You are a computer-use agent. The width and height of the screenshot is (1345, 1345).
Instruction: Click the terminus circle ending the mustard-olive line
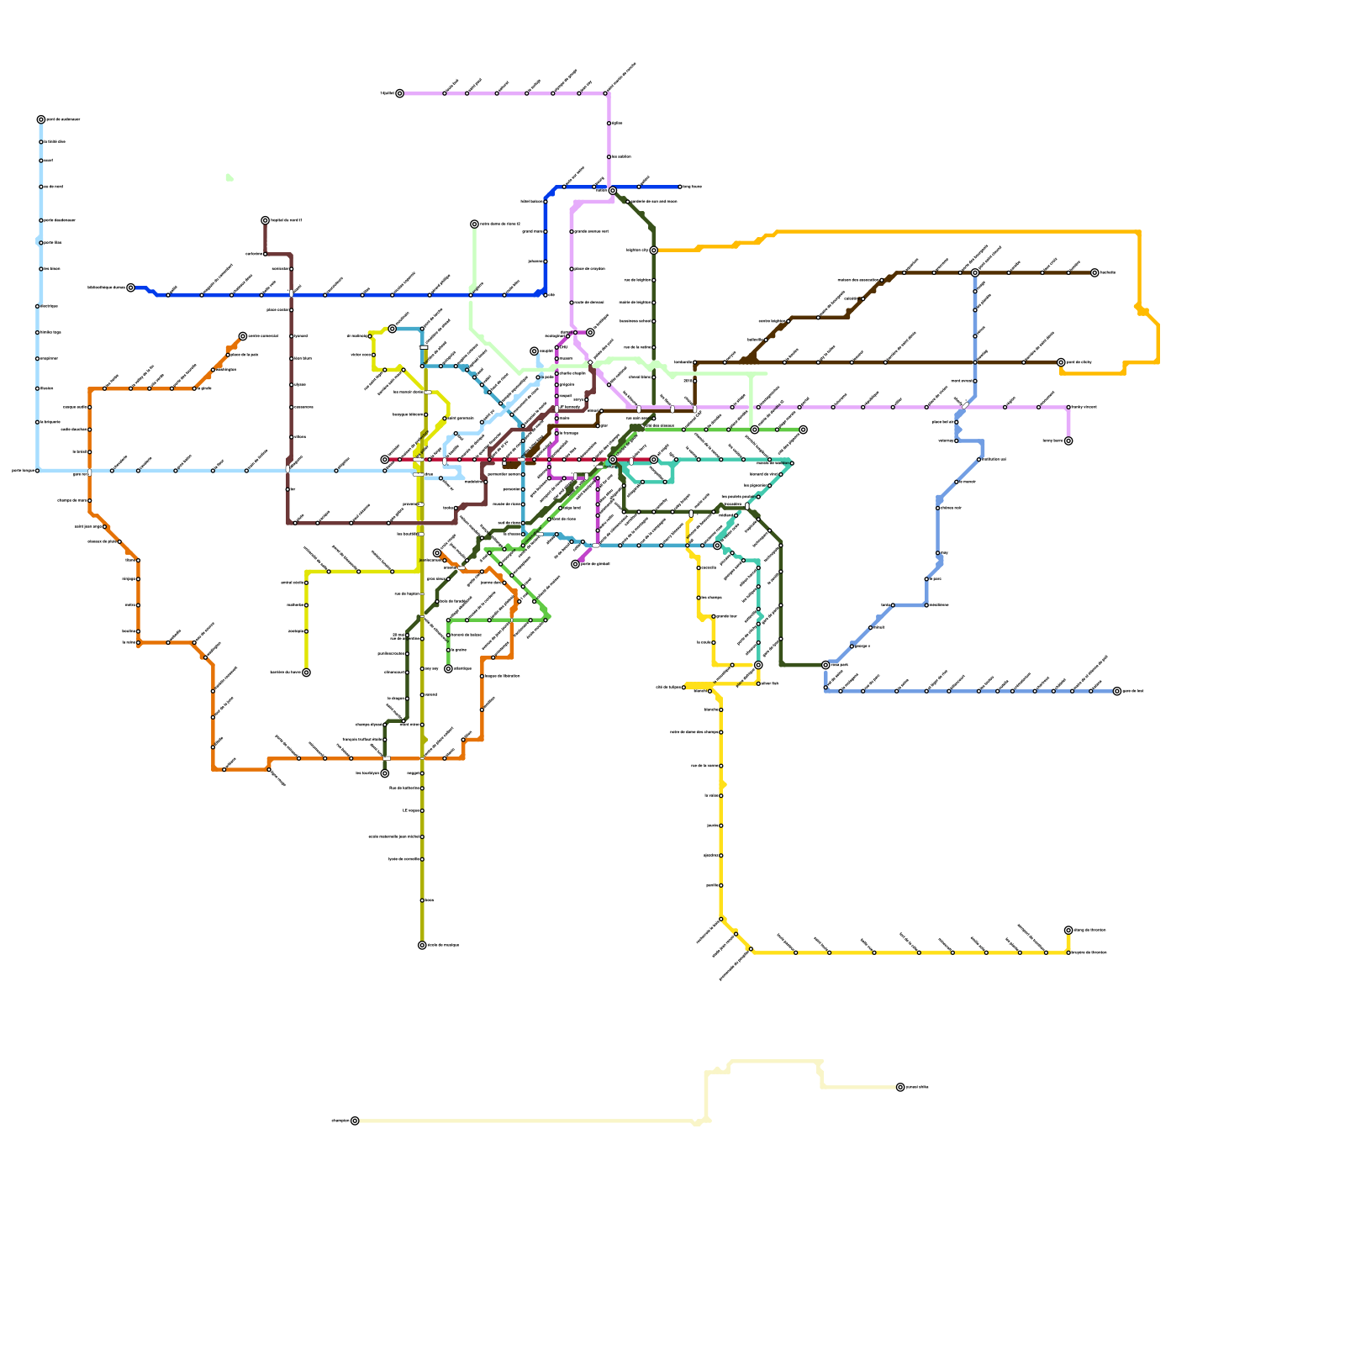coord(422,945)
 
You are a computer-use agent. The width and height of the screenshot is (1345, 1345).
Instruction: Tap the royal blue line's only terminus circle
coord(130,287)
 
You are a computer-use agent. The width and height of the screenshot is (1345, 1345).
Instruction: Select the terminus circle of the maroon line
coord(265,220)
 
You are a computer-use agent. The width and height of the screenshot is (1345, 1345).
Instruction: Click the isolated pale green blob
coord(229,177)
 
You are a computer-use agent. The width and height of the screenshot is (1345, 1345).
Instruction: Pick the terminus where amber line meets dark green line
coord(653,251)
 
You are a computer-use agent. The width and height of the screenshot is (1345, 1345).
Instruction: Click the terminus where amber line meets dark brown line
coord(1061,362)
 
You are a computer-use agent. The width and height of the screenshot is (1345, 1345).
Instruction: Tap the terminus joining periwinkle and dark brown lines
coord(975,273)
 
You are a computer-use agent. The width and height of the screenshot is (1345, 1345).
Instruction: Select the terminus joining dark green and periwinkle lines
coord(825,665)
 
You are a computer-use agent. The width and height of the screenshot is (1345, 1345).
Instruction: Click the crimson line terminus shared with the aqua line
coord(653,460)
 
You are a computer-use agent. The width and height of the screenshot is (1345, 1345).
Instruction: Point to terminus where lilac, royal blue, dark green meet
coord(613,191)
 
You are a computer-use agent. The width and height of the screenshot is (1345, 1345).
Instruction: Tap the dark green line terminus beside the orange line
coord(385,773)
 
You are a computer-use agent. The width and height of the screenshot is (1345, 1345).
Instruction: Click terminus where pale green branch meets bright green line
coord(754,430)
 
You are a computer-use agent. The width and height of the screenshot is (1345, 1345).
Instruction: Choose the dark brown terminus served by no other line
coord(1094,273)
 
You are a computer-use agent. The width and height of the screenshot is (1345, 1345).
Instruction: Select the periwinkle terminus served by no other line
coord(1117,691)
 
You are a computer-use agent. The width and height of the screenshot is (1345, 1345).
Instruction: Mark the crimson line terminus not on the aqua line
coord(385,460)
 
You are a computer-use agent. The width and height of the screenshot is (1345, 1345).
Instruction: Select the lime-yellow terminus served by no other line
coord(306,672)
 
